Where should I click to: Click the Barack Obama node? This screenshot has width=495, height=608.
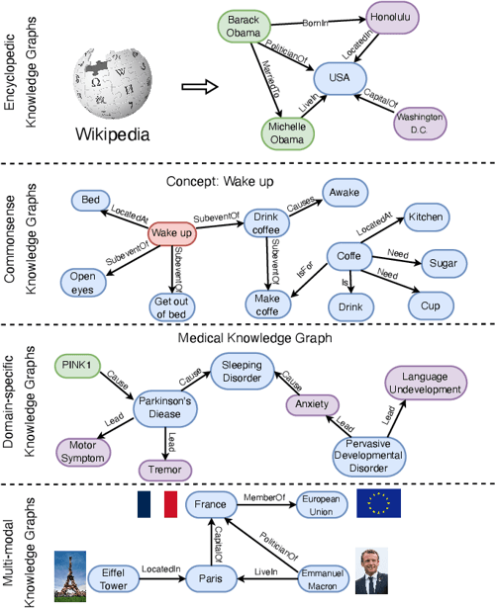[x=243, y=28]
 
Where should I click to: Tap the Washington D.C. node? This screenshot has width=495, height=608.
[x=420, y=122]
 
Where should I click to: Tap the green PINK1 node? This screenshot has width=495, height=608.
[x=75, y=363]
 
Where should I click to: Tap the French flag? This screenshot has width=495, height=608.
[x=156, y=502]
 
